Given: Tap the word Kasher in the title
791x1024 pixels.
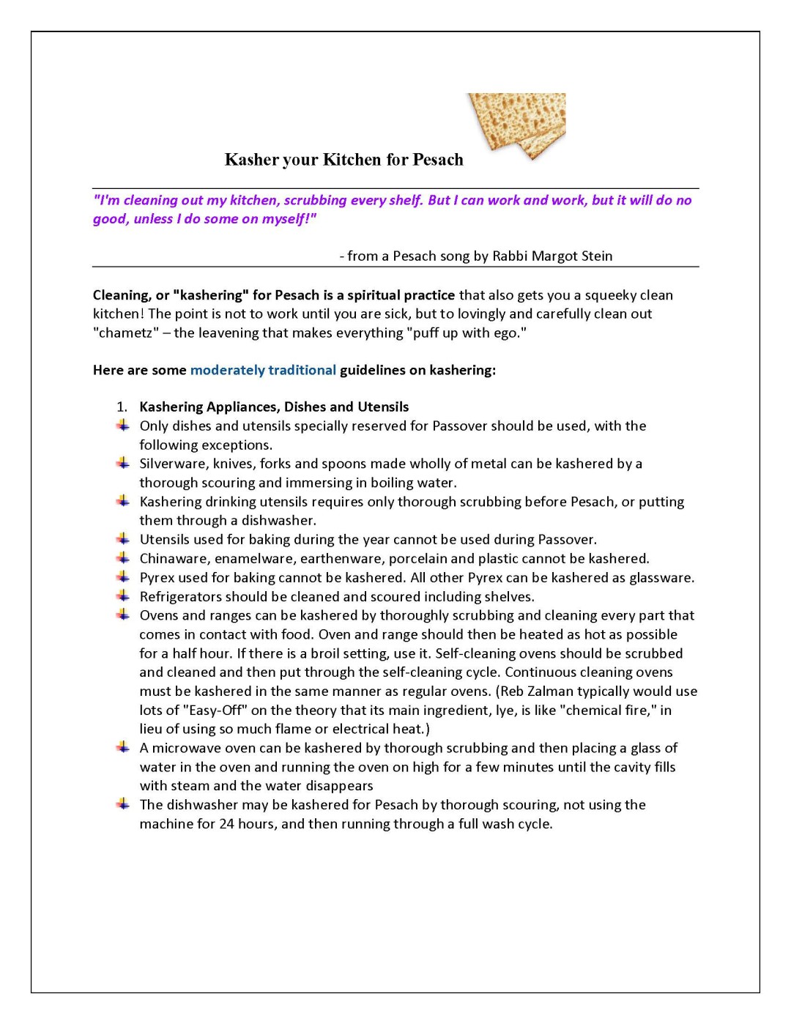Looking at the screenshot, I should [252, 160].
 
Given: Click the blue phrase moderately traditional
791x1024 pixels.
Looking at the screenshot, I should [263, 370].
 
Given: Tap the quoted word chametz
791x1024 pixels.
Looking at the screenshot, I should [126, 333].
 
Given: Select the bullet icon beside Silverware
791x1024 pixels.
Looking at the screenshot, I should [122, 463].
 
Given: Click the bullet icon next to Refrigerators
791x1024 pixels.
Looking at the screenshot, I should [122, 596].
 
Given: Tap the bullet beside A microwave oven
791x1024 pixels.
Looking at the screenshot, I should [122, 747].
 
